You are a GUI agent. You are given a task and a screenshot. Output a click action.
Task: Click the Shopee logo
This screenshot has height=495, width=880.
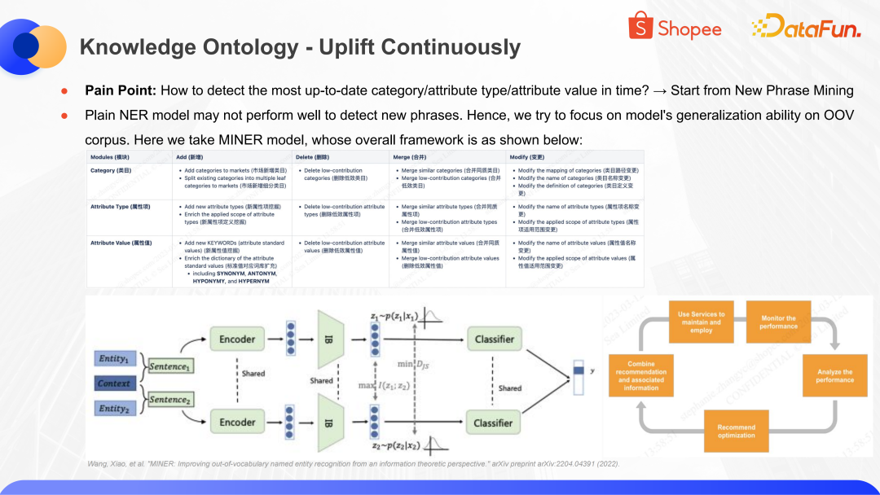coord(675,28)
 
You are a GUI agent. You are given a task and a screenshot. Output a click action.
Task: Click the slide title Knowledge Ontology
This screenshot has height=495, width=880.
coord(300,47)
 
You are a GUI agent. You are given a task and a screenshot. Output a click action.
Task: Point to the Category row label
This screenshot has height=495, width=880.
coord(111,170)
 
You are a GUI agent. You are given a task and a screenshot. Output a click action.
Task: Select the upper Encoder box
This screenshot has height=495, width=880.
coord(237,339)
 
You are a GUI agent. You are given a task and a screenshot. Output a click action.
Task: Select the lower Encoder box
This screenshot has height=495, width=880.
coord(237,422)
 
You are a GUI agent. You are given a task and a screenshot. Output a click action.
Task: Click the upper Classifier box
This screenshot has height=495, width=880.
coord(494,339)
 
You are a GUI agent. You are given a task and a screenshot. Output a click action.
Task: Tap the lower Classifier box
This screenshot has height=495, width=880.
coord(494,423)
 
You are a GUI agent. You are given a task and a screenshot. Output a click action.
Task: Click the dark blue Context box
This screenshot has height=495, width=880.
coord(113,383)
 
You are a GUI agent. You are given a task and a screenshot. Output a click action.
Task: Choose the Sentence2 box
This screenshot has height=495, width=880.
coord(169,400)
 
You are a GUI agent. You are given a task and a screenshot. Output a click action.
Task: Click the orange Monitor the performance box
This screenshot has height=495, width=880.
coord(778,322)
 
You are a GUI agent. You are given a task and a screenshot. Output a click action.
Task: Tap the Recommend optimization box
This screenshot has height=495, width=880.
coord(736,431)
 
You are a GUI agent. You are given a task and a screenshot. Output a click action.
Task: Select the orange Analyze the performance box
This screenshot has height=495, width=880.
coord(834,376)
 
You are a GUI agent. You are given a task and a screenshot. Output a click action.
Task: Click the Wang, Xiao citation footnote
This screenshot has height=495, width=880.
coord(353,463)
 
